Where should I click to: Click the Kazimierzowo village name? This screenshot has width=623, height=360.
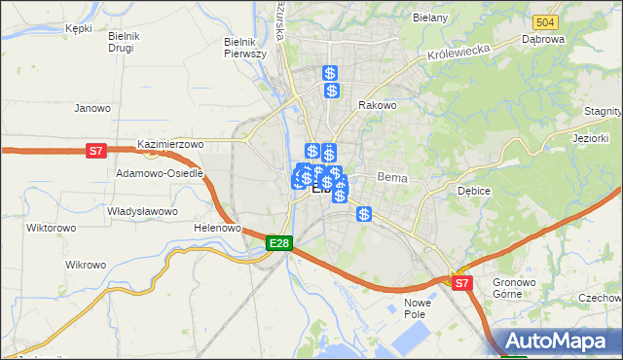coord(170,144)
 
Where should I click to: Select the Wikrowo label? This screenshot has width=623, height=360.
coord(85,265)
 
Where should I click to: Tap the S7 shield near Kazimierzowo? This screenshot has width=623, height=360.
coord(94,151)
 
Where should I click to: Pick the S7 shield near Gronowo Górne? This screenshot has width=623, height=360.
coord(462,283)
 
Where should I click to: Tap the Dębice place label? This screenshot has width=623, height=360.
coord(474,191)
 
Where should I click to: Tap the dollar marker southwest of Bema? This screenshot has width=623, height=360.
coord(363,214)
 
